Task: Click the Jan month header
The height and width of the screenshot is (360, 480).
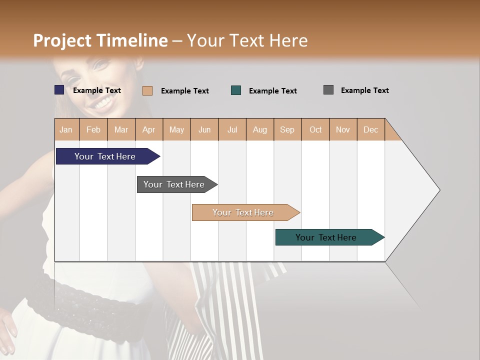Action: point(66,130)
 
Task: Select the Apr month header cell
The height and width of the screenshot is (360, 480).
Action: point(149,130)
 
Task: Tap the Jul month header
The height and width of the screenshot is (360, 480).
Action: point(232,130)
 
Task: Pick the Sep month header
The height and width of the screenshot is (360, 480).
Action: point(287,130)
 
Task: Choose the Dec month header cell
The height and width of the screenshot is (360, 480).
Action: point(370,130)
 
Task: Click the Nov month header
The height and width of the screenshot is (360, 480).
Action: point(342,130)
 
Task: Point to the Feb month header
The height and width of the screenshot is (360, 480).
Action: point(93,130)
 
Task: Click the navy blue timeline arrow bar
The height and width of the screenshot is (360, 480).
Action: point(105,156)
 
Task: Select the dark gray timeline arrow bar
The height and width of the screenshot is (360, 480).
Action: point(174,184)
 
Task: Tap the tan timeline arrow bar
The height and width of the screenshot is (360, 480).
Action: point(243,212)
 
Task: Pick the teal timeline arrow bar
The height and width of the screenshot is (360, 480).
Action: point(326,237)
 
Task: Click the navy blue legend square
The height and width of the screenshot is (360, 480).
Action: point(59,90)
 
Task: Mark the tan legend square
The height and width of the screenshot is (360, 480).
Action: point(147,90)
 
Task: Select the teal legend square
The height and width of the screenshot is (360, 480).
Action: point(236,90)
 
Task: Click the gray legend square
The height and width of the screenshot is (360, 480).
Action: point(328,90)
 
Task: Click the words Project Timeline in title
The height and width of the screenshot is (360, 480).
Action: point(100,40)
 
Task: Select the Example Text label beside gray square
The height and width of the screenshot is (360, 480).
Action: point(364,90)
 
